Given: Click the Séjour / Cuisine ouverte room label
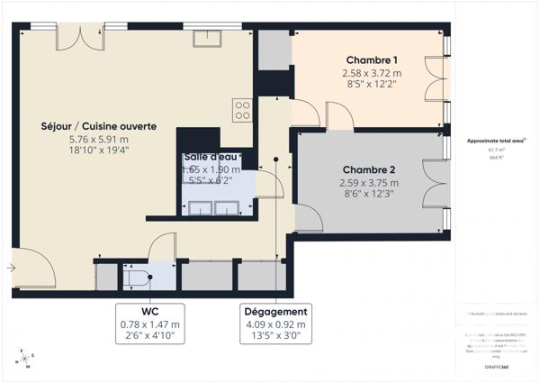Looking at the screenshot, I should [x=99, y=126].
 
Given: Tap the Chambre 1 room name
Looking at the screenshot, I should [x=371, y=60].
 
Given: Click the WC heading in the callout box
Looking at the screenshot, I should [x=150, y=312].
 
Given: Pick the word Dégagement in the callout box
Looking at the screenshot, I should [x=277, y=312].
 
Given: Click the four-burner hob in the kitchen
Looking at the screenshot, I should [x=242, y=109].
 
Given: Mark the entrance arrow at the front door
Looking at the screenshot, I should [x=12, y=267].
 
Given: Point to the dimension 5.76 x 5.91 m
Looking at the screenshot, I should [x=99, y=140].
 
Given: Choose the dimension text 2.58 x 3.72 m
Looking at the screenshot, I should [x=371, y=73].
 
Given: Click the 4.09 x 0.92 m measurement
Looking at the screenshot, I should [x=277, y=324].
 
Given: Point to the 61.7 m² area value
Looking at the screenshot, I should [x=496, y=150].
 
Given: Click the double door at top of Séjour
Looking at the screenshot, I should [x=87, y=36].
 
